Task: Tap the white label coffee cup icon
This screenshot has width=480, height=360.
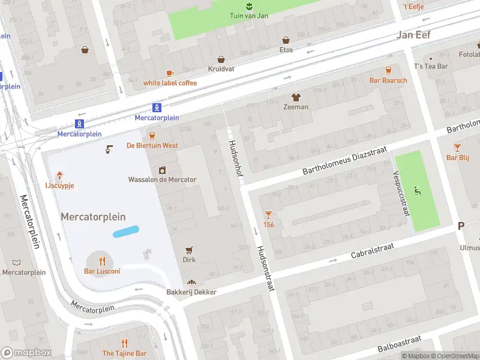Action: point(170,73)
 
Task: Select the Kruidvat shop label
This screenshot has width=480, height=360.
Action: point(221,69)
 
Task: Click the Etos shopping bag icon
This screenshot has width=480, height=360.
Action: point(286,40)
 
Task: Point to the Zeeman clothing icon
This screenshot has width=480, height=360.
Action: point(295,97)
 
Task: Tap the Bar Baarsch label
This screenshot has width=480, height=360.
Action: point(388,80)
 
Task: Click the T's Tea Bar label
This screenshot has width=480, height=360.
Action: point(431,66)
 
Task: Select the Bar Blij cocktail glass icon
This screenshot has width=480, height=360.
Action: point(457,147)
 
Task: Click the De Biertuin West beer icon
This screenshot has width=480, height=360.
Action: point(152,136)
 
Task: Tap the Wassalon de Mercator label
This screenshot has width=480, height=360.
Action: point(162,179)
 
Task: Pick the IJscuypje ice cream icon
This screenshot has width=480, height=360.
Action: point(60,176)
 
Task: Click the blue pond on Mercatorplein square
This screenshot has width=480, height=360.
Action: point(126,231)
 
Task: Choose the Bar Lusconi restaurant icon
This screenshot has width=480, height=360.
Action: point(102,261)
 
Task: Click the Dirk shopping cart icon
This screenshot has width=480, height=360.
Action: point(190,250)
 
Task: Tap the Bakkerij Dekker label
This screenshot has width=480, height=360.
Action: point(191,292)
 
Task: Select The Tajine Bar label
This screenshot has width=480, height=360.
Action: point(124,353)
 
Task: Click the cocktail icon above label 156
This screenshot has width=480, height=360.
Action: point(268,214)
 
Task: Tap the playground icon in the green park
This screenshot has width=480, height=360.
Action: point(417,192)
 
